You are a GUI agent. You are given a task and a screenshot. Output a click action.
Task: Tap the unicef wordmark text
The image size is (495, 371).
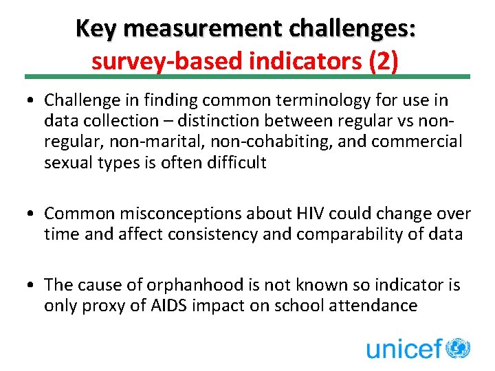404,348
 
